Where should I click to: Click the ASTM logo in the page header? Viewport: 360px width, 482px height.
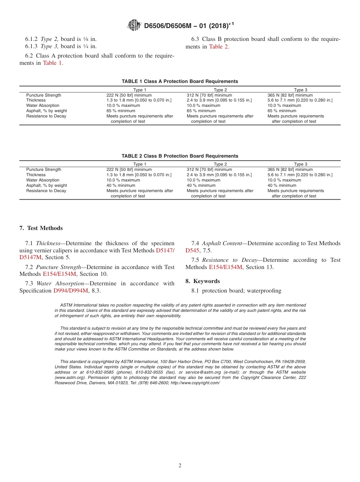point(134,25)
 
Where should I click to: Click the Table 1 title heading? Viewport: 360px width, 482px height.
point(180,81)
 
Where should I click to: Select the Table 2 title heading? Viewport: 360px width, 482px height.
point(180,156)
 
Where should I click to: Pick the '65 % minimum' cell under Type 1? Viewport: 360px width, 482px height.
point(121,111)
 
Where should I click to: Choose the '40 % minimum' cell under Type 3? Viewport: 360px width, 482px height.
point(282,186)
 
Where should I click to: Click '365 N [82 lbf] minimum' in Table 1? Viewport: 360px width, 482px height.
point(290,95)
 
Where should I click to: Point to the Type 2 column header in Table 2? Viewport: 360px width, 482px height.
point(220,164)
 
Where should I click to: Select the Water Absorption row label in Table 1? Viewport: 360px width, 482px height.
point(42,106)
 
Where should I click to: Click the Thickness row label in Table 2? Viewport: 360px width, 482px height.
point(36,175)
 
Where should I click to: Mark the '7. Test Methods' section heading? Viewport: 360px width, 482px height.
point(41,228)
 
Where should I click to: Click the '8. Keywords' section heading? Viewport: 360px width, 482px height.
point(202,281)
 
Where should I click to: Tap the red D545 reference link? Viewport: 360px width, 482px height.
point(192,250)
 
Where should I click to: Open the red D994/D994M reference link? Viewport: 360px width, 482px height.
point(70,291)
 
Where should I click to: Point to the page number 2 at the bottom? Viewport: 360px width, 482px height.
point(180,466)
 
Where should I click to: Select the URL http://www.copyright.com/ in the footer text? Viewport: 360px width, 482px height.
point(195,383)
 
